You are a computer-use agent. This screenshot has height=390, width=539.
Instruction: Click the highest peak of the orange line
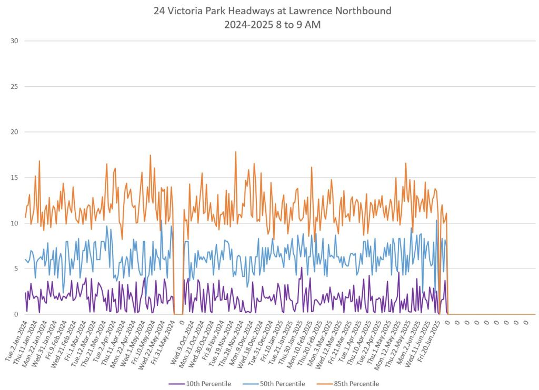coord(235,152)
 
